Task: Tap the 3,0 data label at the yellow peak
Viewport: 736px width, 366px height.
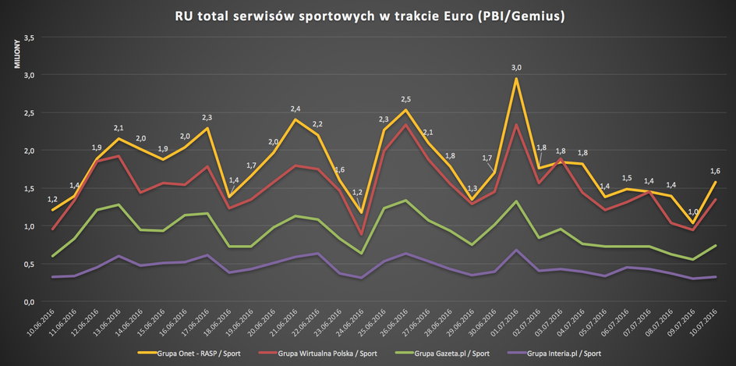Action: click(516, 68)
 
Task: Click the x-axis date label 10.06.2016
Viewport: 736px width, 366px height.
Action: click(42, 323)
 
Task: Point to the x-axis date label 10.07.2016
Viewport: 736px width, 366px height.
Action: click(706, 323)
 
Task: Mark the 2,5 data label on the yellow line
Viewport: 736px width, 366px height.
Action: click(405, 99)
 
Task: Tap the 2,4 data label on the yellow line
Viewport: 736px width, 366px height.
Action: click(295, 109)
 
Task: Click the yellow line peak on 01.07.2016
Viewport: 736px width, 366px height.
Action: click(516, 78)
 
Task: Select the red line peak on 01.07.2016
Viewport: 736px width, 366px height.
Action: click(516, 125)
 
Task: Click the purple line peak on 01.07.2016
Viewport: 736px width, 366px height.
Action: click(516, 251)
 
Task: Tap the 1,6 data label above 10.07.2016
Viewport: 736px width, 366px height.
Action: click(715, 171)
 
